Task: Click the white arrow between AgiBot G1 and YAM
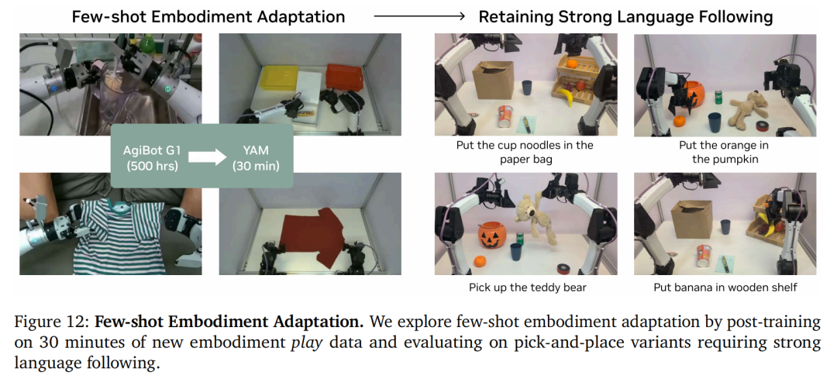pyautogui.click(x=207, y=158)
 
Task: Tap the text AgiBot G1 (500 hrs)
pyautogui.click(x=152, y=158)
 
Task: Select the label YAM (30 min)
pyautogui.click(x=256, y=158)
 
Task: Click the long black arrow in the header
pyautogui.click(x=419, y=16)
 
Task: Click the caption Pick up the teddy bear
pyautogui.click(x=528, y=287)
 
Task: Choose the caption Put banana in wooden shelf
pyautogui.click(x=725, y=287)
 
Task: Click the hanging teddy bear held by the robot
pyautogui.click(x=536, y=216)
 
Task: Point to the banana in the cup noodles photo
pyautogui.click(x=565, y=97)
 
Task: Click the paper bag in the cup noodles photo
pyautogui.click(x=493, y=80)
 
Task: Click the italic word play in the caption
pyautogui.click(x=306, y=342)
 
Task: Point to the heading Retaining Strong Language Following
pyautogui.click(x=625, y=16)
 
